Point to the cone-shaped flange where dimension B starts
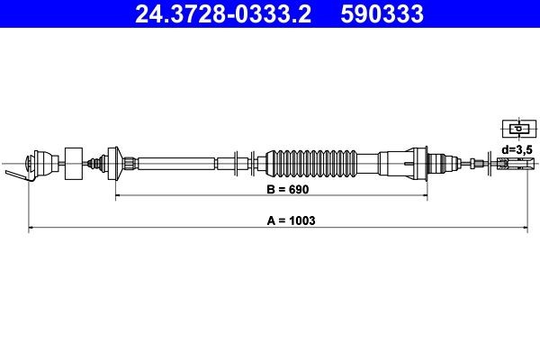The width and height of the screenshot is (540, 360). (x=114, y=163)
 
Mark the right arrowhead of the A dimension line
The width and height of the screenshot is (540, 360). (x=523, y=229)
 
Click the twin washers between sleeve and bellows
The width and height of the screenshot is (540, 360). (x=238, y=163)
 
